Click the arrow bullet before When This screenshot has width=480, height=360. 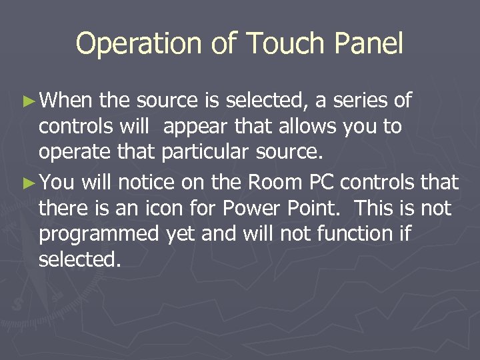[x=27, y=102]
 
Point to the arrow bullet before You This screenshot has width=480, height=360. [x=27, y=183]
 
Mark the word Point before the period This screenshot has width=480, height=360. [x=315, y=208]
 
